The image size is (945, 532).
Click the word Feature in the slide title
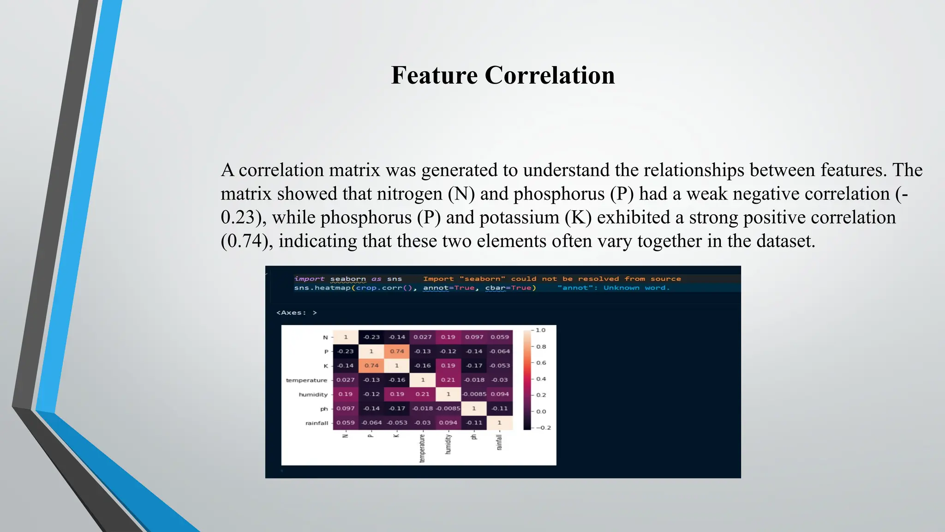click(x=434, y=75)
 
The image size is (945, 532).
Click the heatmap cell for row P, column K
click(x=397, y=351)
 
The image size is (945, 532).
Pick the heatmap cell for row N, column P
click(x=371, y=337)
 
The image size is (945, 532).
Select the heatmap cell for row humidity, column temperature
click(x=422, y=394)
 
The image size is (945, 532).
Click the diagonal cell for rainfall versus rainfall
click(x=499, y=423)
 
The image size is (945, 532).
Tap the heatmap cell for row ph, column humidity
click(x=448, y=408)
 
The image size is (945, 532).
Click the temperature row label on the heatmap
click(x=306, y=381)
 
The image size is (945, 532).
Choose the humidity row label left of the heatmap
click(x=313, y=395)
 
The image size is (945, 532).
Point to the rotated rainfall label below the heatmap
click(x=499, y=442)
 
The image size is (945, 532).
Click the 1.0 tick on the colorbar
click(x=540, y=330)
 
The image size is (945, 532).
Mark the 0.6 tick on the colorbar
click(x=541, y=363)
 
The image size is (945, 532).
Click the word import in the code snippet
click(x=309, y=279)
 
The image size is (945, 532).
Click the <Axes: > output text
click(x=296, y=313)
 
